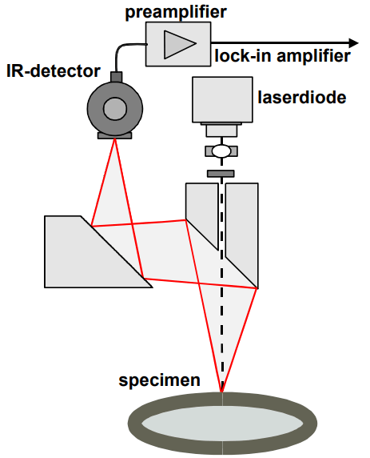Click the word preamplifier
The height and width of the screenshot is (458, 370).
pyautogui.click(x=176, y=12)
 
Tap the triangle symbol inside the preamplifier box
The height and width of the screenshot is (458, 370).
pyautogui.click(x=178, y=44)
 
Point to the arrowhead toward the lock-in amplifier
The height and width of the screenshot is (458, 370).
pyautogui.click(x=353, y=43)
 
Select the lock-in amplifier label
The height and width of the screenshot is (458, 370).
pyautogui.click(x=282, y=56)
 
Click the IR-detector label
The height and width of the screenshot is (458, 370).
pyautogui.click(x=54, y=71)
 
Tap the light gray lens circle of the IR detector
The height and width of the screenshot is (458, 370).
pyautogui.click(x=115, y=109)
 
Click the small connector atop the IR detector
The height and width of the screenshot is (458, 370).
pyautogui.click(x=117, y=77)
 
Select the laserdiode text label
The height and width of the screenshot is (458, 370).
pyautogui.click(x=302, y=97)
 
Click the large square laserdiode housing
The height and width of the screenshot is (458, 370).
pyautogui.click(x=222, y=99)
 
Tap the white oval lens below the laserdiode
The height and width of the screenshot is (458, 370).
pyautogui.click(x=221, y=151)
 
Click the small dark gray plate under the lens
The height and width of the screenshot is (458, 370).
pyautogui.click(x=221, y=174)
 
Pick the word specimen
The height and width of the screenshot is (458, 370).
pyautogui.click(x=159, y=380)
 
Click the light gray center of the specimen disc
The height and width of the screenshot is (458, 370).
pyautogui.click(x=222, y=424)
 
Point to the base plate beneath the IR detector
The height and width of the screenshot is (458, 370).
pyautogui.click(x=114, y=135)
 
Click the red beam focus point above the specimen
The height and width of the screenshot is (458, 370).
pyautogui.click(x=221, y=392)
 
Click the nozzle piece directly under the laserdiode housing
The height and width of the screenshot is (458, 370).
pyautogui.click(x=221, y=131)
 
